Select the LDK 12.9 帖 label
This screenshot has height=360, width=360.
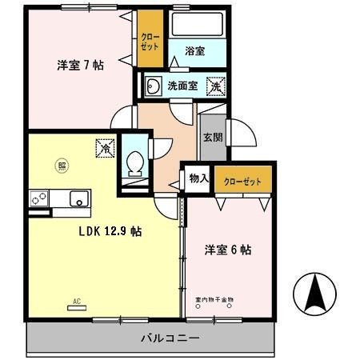tap(110, 231)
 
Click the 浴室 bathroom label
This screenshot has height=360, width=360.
tap(195, 51)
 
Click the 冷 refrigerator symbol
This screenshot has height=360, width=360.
tap(105, 149)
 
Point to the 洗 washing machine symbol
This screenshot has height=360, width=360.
tap(214, 85)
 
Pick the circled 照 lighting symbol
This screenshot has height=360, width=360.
tap(61, 166)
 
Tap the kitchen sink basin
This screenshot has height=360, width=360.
tap(78, 198)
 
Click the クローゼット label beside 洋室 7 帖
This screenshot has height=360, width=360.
tap(149, 42)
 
